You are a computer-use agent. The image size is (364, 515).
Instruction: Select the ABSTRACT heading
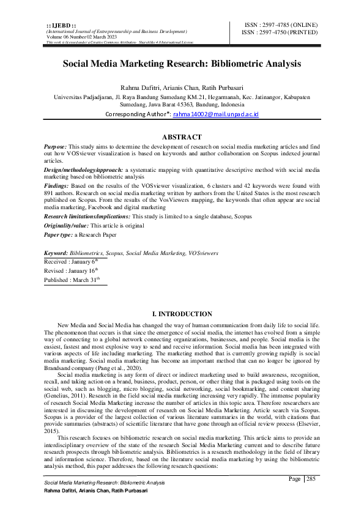pos(182,137)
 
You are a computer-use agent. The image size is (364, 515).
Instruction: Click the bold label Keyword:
pos(58,253)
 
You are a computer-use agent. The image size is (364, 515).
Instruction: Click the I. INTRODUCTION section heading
pos(182,314)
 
